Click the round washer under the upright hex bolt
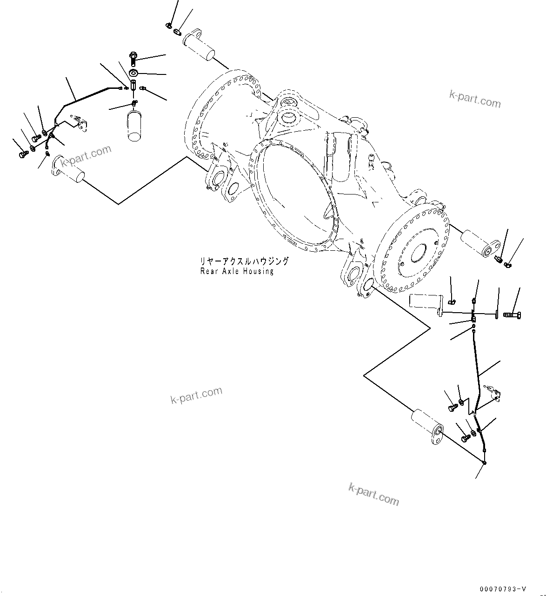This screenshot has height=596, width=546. coord(133,72)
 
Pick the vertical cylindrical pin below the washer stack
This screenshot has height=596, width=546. coord(133,125)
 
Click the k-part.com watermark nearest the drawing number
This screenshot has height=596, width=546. coord(373,494)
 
